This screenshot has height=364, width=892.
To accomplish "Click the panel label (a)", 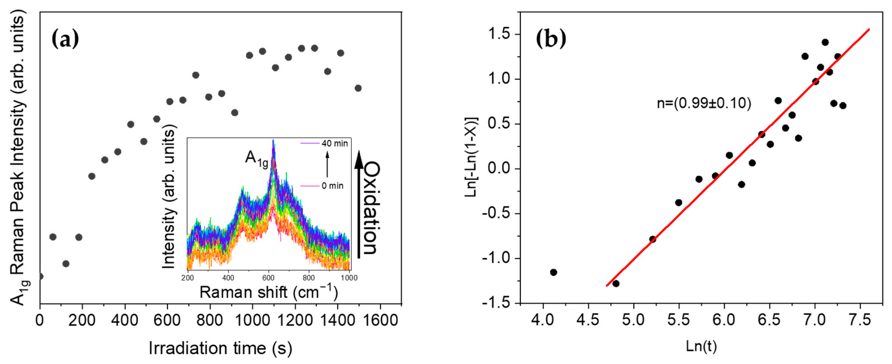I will point(65,39).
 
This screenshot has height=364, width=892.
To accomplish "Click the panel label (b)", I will point(551,39).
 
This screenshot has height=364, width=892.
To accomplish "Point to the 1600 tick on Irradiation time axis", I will point(380,320).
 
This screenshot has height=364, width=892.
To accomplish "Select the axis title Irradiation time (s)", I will point(220,348).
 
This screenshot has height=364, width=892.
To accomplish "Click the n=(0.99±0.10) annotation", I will point(704,103).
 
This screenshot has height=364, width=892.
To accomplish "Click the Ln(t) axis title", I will point(701,346).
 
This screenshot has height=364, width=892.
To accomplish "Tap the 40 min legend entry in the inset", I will point(334,143).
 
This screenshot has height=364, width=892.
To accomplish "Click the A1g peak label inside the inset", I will point(256,159).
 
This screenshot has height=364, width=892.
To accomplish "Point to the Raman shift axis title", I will point(268,292).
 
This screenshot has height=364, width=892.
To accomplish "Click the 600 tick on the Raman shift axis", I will point(268,278).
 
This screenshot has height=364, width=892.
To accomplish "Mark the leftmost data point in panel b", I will point(553,272).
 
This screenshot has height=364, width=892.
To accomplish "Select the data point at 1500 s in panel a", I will point(358,88).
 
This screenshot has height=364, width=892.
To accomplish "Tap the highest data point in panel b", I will point(825,42).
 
